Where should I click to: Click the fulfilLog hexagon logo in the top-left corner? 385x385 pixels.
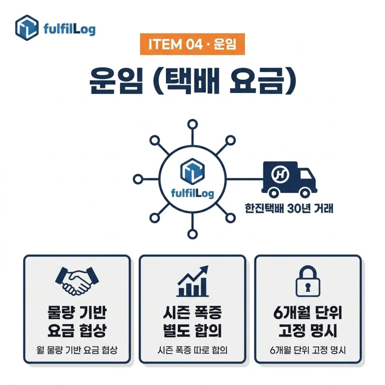[27, 27]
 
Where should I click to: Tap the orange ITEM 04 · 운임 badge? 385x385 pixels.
[192, 44]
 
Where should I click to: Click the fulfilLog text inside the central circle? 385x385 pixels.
[192, 193]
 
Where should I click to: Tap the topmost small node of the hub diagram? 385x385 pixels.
[192, 124]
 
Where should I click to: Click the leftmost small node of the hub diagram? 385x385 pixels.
[138, 179]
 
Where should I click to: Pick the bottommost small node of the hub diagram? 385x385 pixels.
[192, 234]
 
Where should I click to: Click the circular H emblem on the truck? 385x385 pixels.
[280, 174]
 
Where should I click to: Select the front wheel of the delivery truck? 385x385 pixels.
[305, 193]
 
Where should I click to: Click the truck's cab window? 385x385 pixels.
[305, 175]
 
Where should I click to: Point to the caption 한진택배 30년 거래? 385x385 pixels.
[289, 208]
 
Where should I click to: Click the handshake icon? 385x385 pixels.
[77, 281]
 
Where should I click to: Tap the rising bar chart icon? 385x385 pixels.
[192, 281]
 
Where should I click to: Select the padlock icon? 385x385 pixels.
[308, 281]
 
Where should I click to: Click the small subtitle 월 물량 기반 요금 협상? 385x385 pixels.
[77, 350]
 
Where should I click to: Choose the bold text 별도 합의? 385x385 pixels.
[192, 330]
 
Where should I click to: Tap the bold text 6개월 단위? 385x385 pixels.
[308, 312]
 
